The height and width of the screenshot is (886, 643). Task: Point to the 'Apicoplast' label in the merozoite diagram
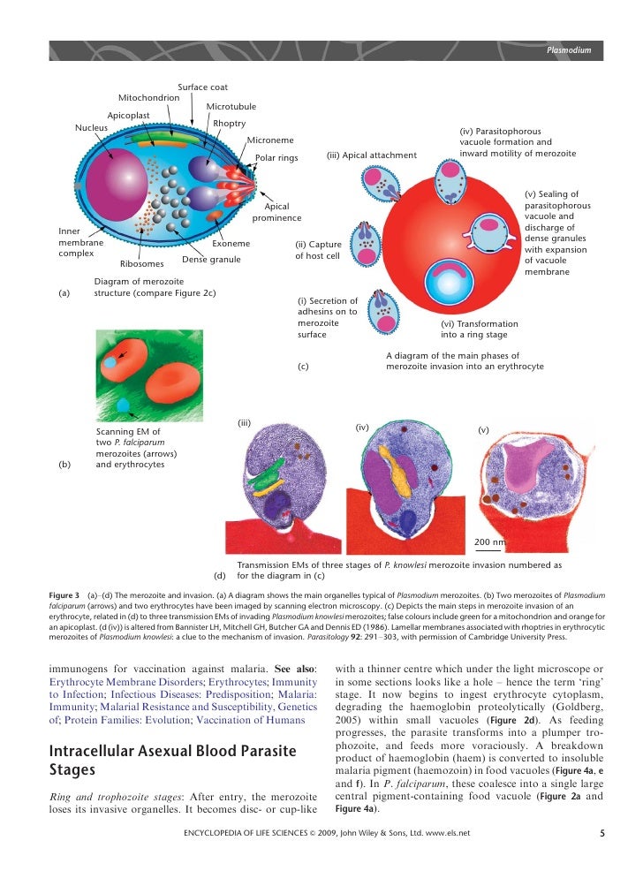point(128,115)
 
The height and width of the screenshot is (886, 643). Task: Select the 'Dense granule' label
point(210,259)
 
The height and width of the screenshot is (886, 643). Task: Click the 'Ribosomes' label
point(141,263)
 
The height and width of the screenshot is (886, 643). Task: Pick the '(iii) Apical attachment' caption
point(371,155)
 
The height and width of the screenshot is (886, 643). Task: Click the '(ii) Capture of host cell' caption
point(318,250)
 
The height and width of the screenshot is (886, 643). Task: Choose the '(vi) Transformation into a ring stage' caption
point(479,329)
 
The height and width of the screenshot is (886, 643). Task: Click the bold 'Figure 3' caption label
point(64,594)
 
